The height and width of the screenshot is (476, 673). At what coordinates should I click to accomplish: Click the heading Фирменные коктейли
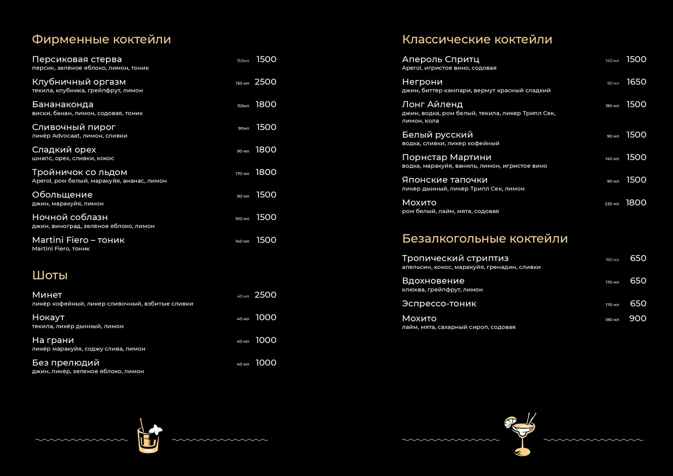[x=101, y=40]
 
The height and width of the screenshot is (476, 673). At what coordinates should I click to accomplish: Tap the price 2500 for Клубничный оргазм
[x=265, y=82]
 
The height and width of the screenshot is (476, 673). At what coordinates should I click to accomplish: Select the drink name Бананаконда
[x=63, y=104]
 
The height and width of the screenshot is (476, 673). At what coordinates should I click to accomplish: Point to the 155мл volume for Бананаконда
[x=243, y=106]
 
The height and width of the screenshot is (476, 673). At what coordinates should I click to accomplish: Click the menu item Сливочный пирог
[x=74, y=127]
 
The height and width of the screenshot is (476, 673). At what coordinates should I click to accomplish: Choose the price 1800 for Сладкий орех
[x=266, y=150]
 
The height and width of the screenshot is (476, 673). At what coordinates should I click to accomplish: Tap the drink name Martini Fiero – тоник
[x=78, y=240]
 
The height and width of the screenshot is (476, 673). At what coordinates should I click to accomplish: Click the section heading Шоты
[x=50, y=275]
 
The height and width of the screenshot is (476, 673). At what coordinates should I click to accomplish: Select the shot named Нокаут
[x=48, y=317]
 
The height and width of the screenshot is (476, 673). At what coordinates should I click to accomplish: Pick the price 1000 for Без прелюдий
[x=266, y=363]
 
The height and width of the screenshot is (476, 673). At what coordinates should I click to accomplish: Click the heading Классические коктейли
[x=477, y=40]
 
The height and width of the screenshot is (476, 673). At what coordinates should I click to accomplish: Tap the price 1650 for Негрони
[x=636, y=82]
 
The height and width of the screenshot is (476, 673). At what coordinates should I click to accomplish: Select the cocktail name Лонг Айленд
[x=432, y=104]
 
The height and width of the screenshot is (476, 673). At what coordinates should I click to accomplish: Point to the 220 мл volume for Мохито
[x=612, y=204]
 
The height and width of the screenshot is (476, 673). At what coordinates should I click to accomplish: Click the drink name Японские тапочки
[x=445, y=180]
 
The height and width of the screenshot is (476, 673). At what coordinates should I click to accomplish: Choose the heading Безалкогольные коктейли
[x=485, y=239]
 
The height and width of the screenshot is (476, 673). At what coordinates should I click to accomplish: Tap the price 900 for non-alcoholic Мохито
[x=637, y=319]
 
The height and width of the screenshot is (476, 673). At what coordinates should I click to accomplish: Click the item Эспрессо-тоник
[x=439, y=303]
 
